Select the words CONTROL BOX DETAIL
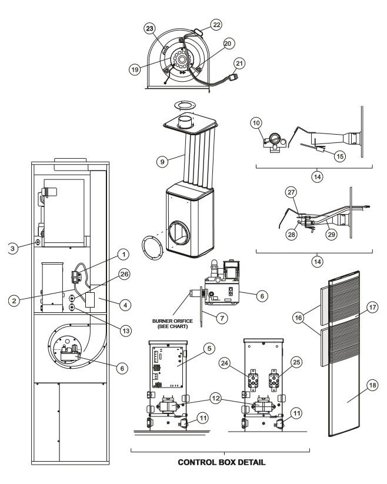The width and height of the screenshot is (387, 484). tap(221, 463)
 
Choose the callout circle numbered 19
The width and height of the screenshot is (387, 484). tap(135, 68)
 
